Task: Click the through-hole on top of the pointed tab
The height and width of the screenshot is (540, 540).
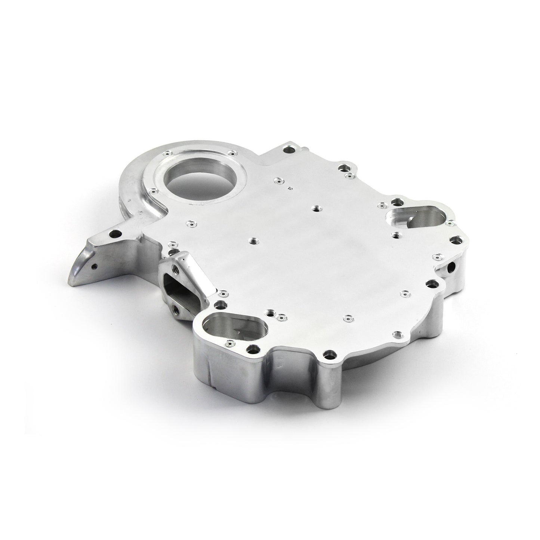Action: pos(113,235)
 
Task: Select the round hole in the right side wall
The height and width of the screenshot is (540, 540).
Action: pos(453,266)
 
